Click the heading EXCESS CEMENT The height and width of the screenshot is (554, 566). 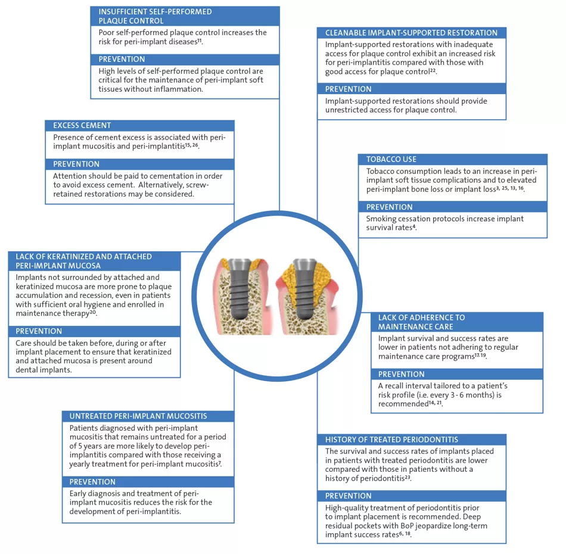point(82,126)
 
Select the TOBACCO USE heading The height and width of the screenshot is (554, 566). point(391,160)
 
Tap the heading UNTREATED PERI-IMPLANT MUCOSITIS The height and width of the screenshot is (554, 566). point(138,416)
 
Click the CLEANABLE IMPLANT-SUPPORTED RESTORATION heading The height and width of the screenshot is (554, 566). point(411,33)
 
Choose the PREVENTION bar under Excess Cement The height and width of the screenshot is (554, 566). point(76,164)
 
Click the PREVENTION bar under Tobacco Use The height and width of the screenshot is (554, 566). point(389,207)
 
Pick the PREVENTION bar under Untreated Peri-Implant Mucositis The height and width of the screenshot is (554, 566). point(92,481)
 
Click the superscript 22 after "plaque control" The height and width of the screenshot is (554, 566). point(433,72)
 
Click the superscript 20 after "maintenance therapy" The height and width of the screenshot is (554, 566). point(93,312)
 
